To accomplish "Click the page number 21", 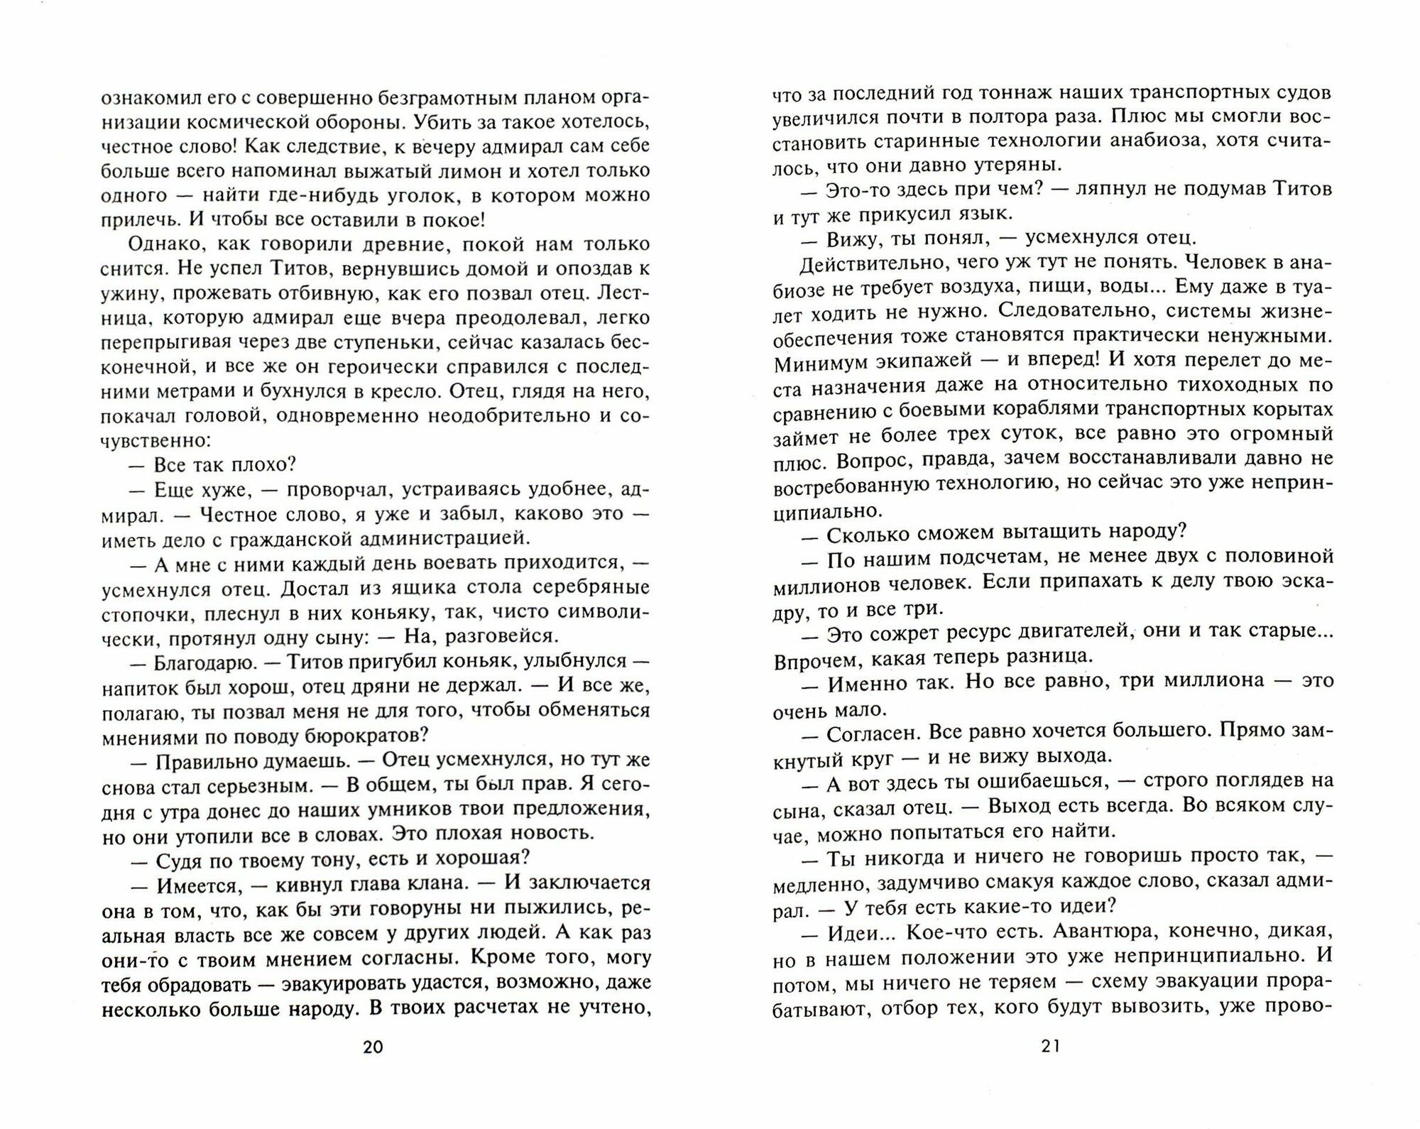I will point(1052,1045).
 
